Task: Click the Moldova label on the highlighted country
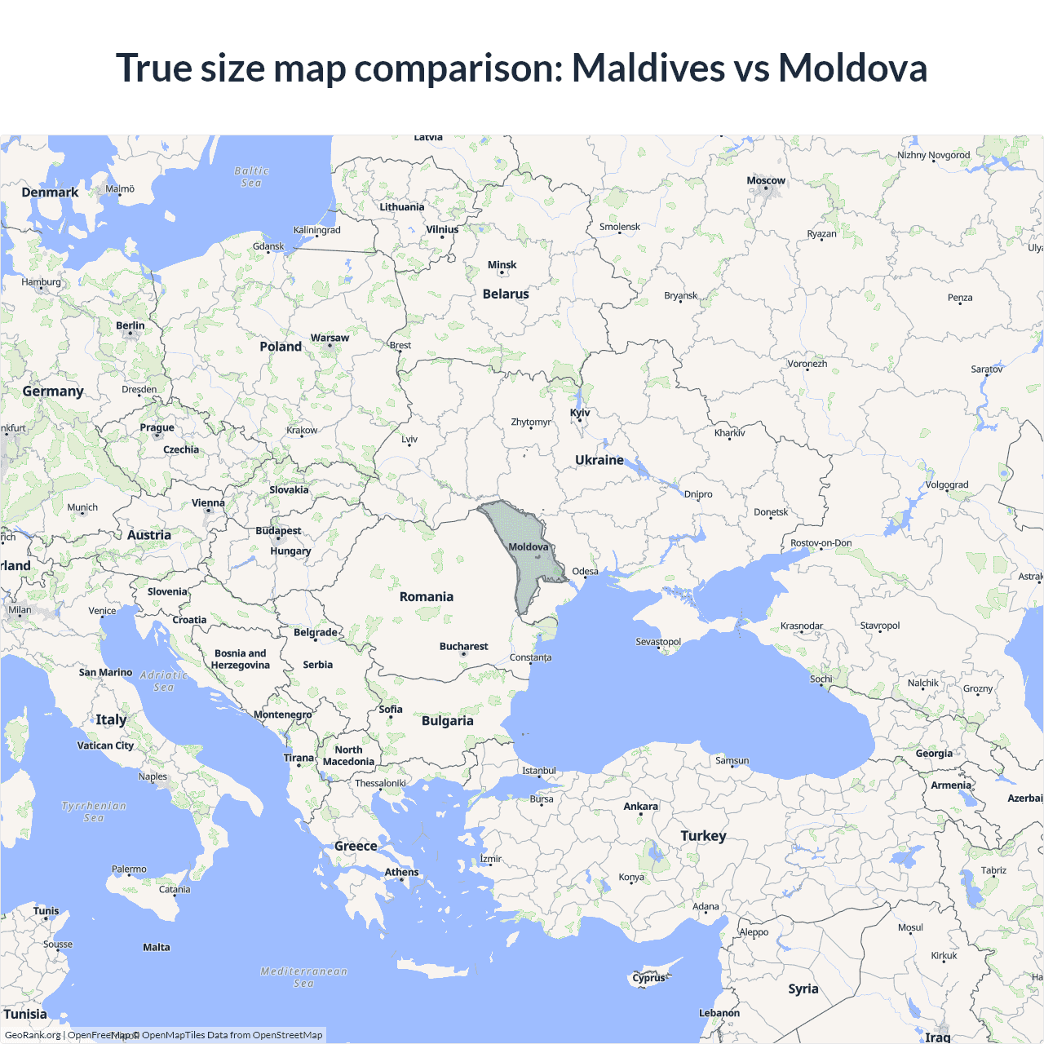tap(529, 546)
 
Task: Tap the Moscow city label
tap(766, 180)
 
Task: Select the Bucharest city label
tap(463, 646)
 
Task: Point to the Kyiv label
tap(580, 413)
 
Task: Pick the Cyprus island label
tap(649, 978)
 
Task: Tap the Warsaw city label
tap(330, 338)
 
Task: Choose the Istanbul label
tap(539, 770)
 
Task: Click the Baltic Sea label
tap(251, 177)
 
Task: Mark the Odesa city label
tap(585, 571)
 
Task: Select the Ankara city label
tap(640, 806)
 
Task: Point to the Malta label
tap(157, 947)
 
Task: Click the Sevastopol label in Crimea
tap(658, 641)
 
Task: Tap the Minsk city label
tap(502, 264)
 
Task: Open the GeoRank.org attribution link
tap(33, 1035)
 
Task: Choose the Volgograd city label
tap(947, 484)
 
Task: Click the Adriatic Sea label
tap(164, 681)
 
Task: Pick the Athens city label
tap(401, 872)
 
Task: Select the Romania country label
tap(427, 596)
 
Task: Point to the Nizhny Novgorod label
tap(934, 155)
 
